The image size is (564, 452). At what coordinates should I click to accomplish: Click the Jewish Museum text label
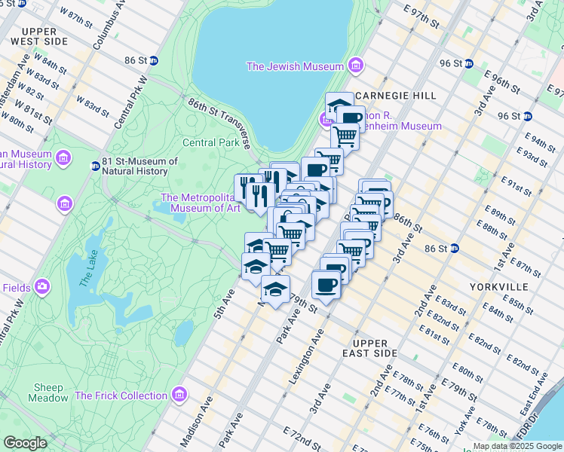click(296, 66)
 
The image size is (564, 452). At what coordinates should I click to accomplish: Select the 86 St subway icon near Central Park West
click(153, 60)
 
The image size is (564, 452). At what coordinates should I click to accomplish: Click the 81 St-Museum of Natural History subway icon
click(95, 166)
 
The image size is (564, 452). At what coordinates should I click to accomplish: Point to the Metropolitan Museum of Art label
click(200, 203)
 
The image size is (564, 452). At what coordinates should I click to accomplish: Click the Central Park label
click(210, 142)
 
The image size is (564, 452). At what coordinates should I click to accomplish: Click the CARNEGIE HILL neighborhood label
click(394, 96)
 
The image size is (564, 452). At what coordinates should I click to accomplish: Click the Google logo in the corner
click(25, 443)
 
